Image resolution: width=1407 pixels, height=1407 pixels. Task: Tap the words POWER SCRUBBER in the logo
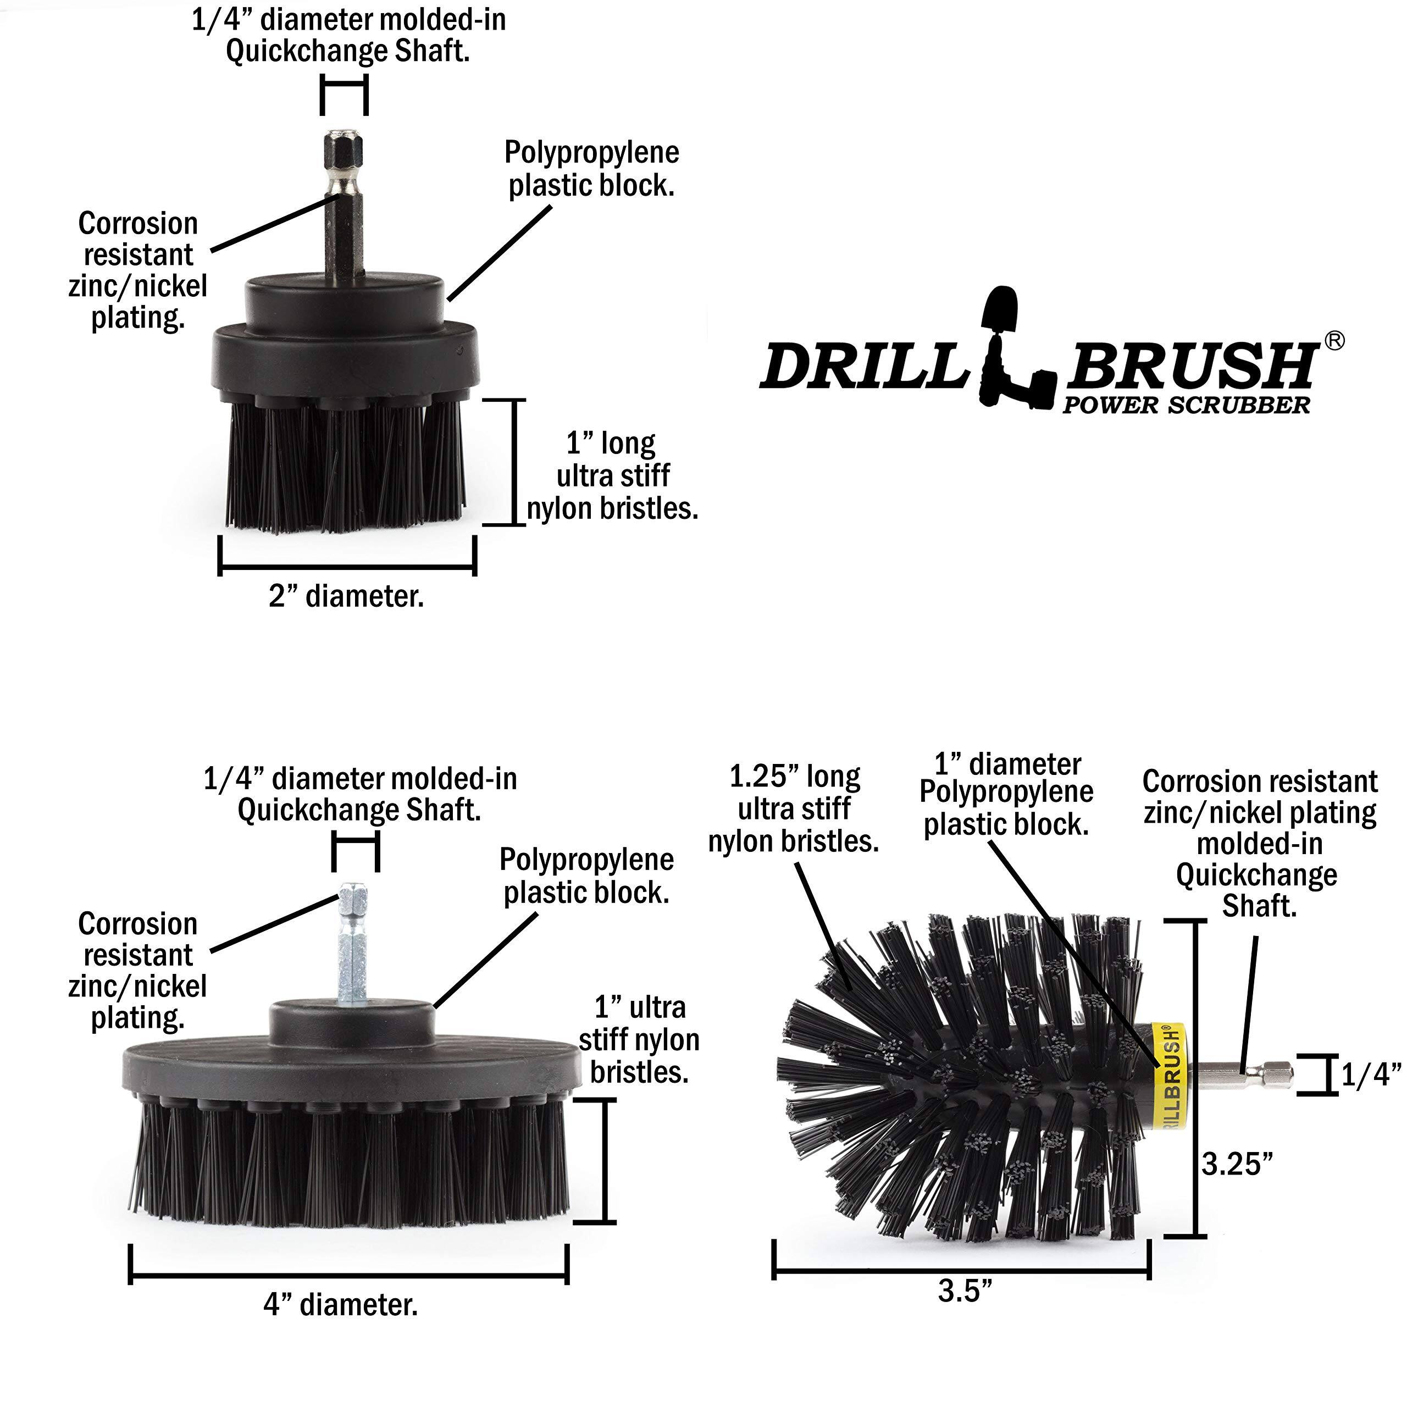[x=1186, y=406]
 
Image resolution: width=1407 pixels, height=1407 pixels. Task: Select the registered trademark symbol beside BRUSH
[x=1333, y=341]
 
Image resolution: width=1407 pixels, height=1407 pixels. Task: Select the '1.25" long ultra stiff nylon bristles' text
[x=794, y=809]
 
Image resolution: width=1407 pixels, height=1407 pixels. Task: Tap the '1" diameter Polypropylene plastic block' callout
[x=1006, y=795]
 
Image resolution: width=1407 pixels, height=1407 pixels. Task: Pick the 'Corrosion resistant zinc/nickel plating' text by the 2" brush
[x=137, y=270]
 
